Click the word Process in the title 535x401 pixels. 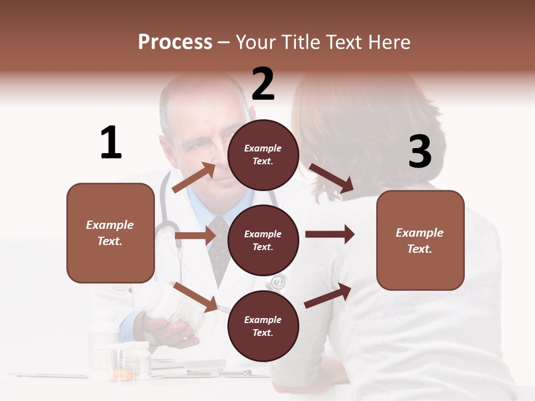pos(175,42)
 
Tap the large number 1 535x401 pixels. pos(111,143)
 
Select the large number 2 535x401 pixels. pos(263,84)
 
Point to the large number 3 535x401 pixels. pos(420,151)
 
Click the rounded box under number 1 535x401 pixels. pos(110,233)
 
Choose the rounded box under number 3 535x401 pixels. pos(420,240)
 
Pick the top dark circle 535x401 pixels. pos(263,155)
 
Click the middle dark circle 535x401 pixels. pos(263,240)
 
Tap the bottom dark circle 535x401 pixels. pos(263,326)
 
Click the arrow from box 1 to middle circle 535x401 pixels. pos(194,236)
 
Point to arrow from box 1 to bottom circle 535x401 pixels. pos(195,297)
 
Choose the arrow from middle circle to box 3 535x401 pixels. pos(329,234)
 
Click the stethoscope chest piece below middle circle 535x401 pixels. pos(278,283)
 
